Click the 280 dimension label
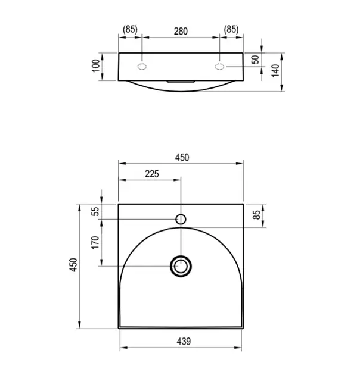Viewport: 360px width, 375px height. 181,32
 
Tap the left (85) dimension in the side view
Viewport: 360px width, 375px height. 130,29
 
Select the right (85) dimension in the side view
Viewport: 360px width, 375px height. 231,29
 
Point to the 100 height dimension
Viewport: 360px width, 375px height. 96,65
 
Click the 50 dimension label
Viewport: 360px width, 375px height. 256,60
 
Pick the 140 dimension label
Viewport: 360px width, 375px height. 275,71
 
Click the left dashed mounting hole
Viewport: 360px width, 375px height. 142,67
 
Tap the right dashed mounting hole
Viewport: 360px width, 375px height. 219,67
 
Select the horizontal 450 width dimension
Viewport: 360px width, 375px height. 182,157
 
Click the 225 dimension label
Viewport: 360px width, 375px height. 152,174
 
